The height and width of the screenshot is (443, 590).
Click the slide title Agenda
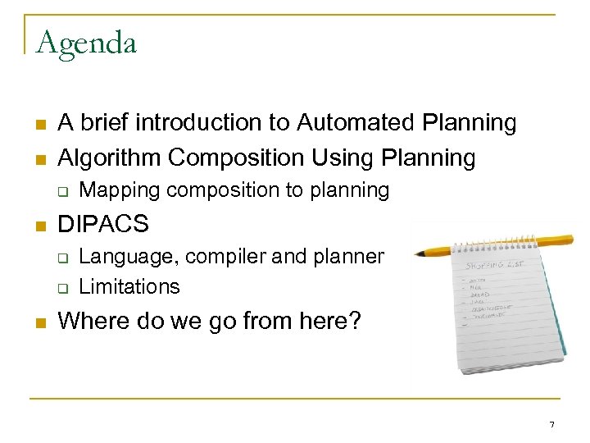click(85, 43)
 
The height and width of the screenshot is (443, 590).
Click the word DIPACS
click(103, 224)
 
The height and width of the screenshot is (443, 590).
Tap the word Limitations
click(129, 286)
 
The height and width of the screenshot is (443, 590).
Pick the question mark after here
click(354, 321)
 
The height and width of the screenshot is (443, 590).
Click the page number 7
click(551, 424)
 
